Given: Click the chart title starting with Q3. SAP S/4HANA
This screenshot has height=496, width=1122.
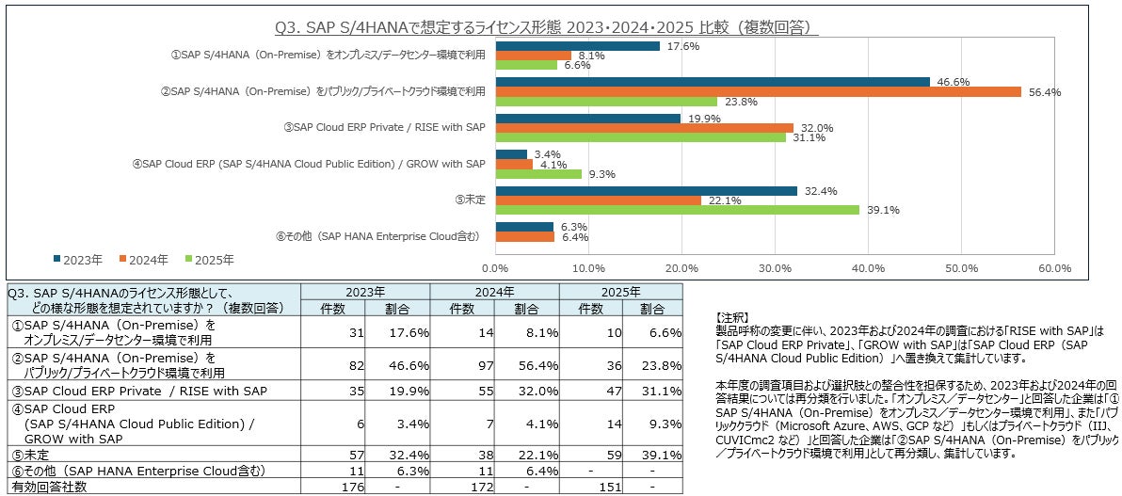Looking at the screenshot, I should [x=545, y=27].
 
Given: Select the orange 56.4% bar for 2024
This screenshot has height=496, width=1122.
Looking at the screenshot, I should [x=758, y=91].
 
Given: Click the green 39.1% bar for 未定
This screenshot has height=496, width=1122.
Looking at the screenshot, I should [x=677, y=210].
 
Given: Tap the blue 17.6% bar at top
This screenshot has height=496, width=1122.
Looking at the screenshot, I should [x=577, y=45].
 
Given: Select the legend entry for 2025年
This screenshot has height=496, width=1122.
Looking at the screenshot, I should [x=208, y=259].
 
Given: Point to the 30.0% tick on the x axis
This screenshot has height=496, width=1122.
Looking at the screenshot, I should [x=775, y=267].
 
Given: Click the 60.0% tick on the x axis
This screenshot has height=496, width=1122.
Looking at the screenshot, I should [x=1053, y=267].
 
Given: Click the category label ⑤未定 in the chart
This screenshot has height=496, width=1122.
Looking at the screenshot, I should [x=470, y=200].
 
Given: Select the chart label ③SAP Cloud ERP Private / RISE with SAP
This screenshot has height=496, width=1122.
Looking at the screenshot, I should [x=384, y=127].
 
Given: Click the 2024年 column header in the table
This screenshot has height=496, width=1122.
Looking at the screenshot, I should [x=494, y=292].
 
